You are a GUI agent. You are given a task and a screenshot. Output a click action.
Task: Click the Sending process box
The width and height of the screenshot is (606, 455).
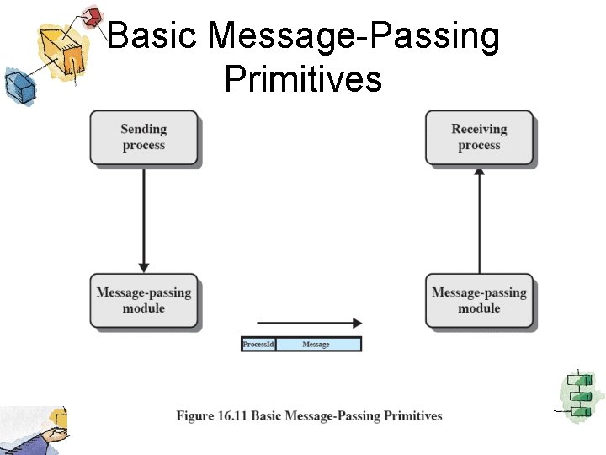(x=144, y=137)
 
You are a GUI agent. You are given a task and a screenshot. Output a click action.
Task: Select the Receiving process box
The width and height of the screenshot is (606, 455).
(x=479, y=137)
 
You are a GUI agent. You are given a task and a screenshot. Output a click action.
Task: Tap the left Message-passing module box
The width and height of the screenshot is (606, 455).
(x=144, y=301)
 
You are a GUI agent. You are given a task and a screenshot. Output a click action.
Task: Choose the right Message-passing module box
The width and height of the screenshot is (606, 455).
(x=479, y=301)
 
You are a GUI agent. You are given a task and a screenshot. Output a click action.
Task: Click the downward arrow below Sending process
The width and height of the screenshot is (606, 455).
(x=144, y=219)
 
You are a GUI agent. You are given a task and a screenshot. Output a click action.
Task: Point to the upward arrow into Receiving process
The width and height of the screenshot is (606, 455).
(x=479, y=219)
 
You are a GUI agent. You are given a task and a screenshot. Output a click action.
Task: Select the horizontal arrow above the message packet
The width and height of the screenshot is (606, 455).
(x=309, y=322)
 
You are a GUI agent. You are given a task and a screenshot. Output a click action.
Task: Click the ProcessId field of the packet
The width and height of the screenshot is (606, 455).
(x=258, y=344)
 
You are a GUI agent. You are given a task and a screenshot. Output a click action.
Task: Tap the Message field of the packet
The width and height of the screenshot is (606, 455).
(x=316, y=344)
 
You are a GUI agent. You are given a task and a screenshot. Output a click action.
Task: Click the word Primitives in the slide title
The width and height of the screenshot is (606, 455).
(x=303, y=79)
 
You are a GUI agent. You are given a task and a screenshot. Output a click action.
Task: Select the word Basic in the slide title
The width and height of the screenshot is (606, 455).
(x=153, y=37)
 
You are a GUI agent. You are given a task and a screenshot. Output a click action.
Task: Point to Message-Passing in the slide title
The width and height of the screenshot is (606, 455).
(x=353, y=37)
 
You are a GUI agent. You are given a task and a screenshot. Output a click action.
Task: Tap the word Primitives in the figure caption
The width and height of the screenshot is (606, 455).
(x=412, y=415)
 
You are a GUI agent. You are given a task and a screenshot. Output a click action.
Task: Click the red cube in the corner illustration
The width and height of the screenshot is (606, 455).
(x=93, y=16)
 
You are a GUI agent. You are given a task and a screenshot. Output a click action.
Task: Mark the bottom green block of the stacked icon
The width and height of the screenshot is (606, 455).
(x=579, y=410)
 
